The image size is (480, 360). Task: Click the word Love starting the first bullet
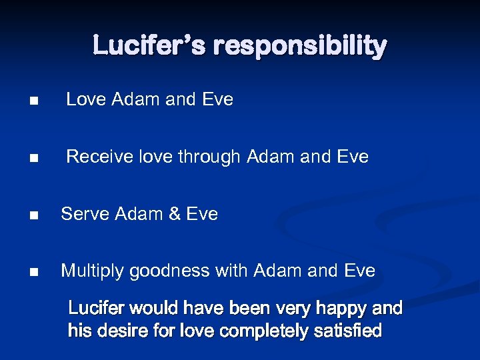[86, 100]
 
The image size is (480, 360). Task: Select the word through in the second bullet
[210, 157]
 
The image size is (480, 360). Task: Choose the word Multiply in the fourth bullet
[93, 271]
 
